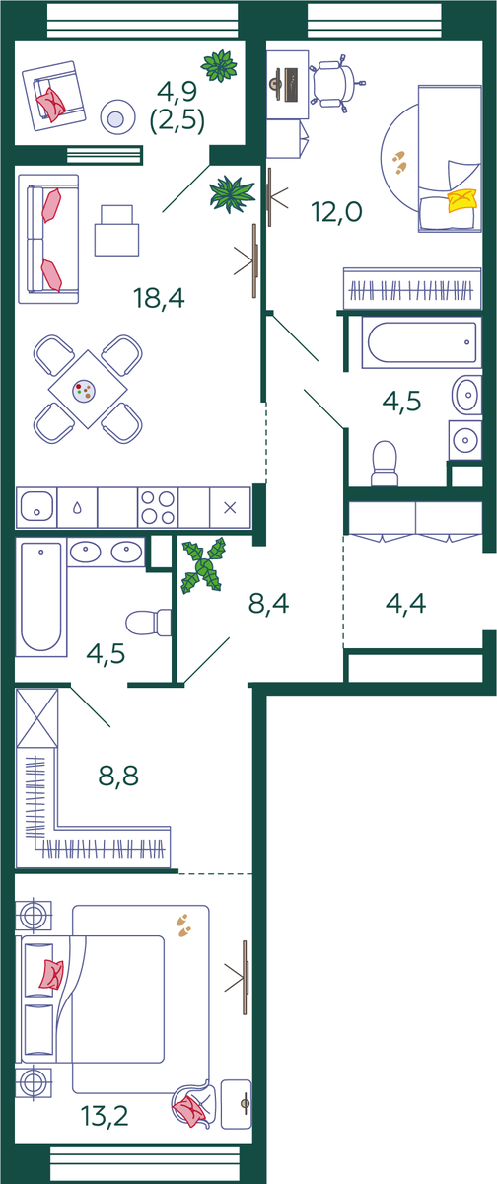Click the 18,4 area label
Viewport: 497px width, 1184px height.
pyautogui.click(x=159, y=298)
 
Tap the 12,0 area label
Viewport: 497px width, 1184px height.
pyautogui.click(x=336, y=212)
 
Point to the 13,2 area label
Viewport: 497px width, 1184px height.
pyautogui.click(x=105, y=1116)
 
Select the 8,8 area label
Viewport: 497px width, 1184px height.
pyautogui.click(x=118, y=776)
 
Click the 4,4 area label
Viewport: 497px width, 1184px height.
pyautogui.click(x=405, y=603)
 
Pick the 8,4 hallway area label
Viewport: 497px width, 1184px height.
pyautogui.click(x=269, y=603)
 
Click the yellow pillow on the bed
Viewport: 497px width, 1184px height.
pyautogui.click(x=462, y=200)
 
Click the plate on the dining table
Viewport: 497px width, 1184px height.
pyautogui.click(x=84, y=392)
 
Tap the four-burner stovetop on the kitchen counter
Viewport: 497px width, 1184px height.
pyautogui.click(x=158, y=507)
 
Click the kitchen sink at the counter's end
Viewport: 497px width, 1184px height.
pyautogui.click(x=36, y=507)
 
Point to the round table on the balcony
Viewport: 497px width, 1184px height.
pyautogui.click(x=115, y=117)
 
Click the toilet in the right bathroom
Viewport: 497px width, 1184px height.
pyautogui.click(x=385, y=464)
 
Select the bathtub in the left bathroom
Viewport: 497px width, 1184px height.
pyautogui.click(x=41, y=597)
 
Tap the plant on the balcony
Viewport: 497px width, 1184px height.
pyautogui.click(x=219, y=65)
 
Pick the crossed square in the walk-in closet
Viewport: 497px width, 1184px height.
pyautogui.click(x=36, y=718)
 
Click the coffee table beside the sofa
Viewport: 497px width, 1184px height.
pyautogui.click(x=116, y=231)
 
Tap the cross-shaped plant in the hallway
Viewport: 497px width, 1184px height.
pyautogui.click(x=203, y=565)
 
